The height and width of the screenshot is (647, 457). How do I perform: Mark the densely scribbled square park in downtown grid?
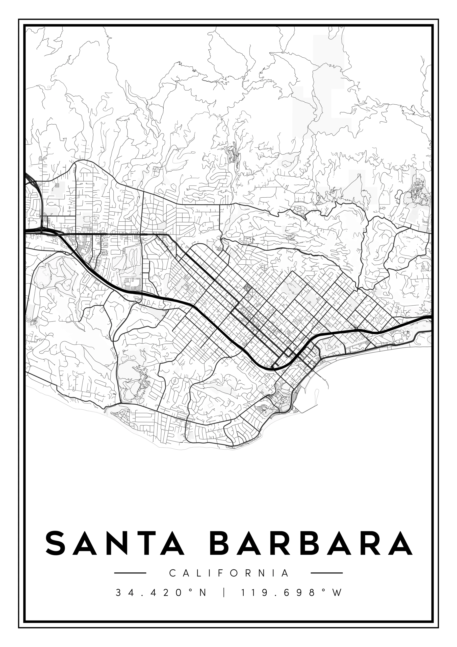(x=247, y=287)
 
